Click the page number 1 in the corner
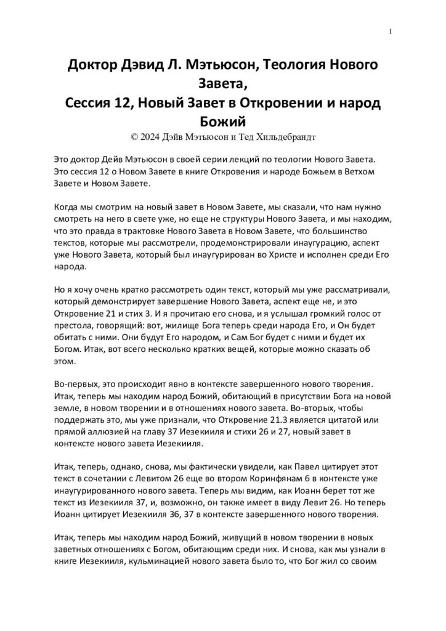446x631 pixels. click(x=391, y=31)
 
